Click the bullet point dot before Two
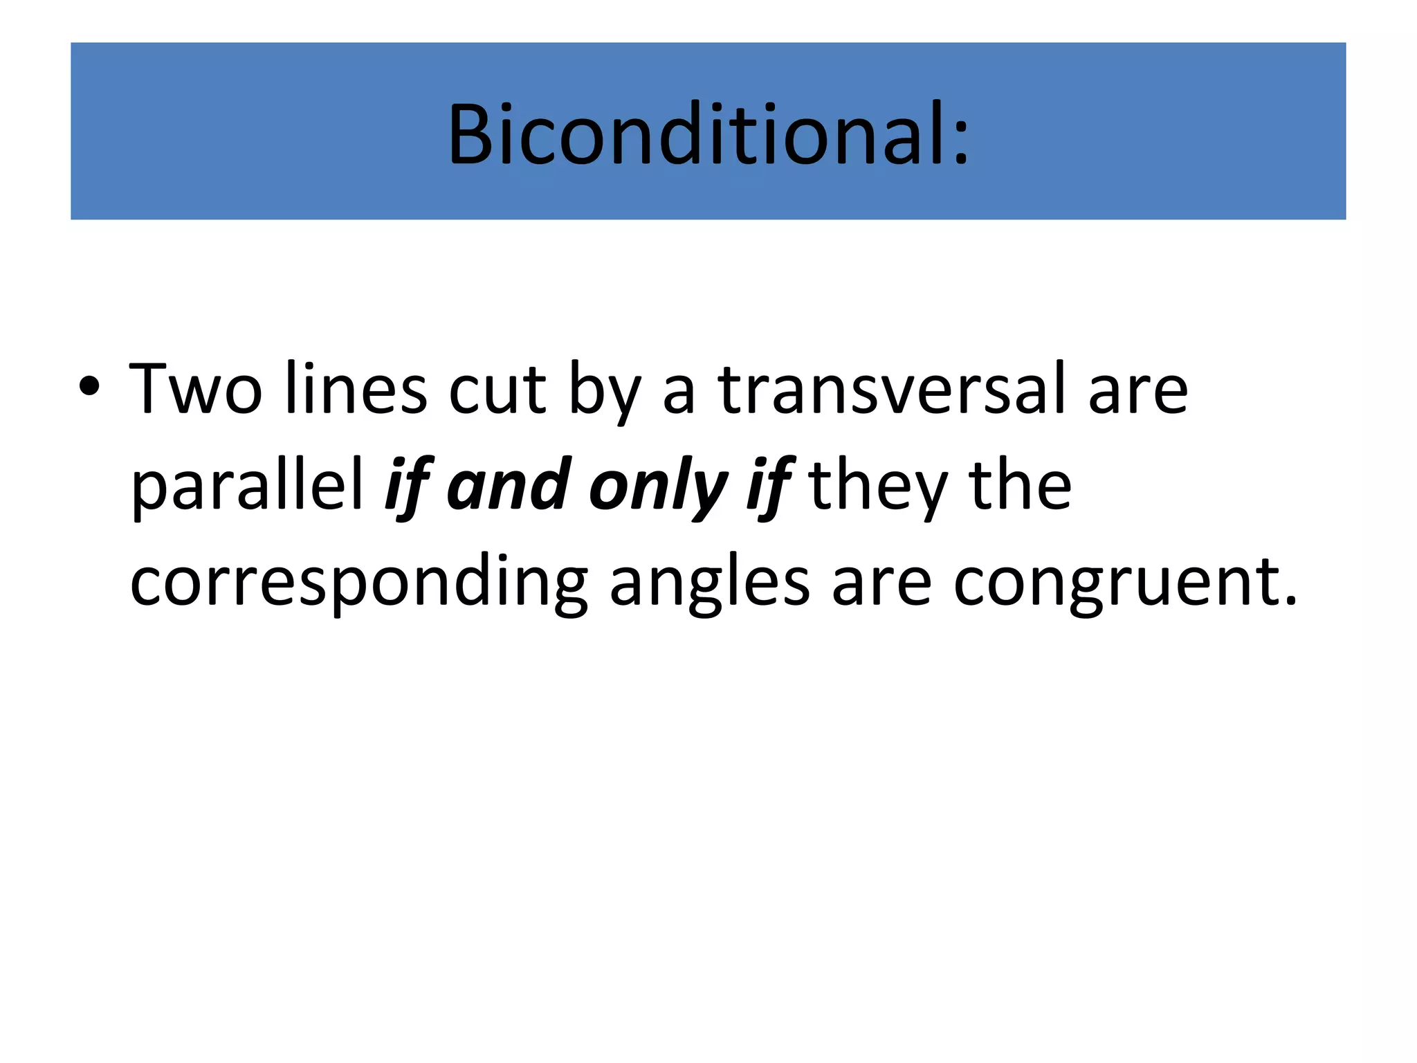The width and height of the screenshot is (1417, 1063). (89, 387)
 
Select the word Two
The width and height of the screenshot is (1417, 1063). (196, 389)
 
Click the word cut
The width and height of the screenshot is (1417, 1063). (498, 389)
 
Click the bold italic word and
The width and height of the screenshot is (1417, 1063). (509, 485)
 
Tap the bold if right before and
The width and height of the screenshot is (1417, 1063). (409, 486)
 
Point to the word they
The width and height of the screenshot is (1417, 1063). (877, 486)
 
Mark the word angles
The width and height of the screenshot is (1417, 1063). (709, 583)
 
